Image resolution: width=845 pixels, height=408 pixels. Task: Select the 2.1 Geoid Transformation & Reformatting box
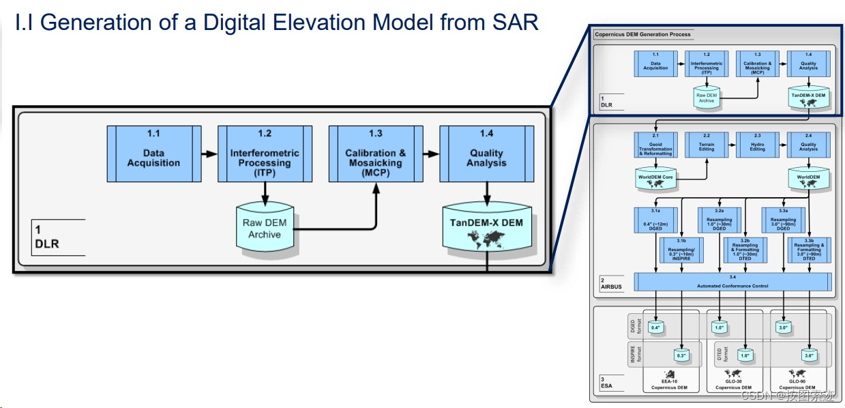655,145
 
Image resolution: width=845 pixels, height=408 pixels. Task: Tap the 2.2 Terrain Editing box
706,145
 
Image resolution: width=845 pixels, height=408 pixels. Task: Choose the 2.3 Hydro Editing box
757,145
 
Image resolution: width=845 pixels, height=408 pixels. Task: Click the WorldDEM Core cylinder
655,179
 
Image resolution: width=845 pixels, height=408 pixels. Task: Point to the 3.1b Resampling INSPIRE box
681,252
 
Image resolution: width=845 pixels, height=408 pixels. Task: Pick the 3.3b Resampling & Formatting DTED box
809,252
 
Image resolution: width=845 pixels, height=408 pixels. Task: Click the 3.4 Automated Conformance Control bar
732,281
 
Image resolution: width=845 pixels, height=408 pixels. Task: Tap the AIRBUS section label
611,287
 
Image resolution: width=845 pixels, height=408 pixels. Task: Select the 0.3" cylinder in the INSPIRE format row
681,355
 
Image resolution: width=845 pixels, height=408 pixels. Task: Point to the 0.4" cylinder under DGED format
656,327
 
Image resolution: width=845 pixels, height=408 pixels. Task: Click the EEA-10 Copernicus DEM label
669,385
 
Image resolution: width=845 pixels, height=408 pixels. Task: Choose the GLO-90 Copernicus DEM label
797,385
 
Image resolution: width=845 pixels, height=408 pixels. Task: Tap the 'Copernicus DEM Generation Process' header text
642,34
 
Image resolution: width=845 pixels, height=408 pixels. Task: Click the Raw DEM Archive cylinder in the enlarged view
264,229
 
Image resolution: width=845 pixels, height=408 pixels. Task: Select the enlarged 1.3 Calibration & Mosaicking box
374,154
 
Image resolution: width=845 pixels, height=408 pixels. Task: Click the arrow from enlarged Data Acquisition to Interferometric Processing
209,154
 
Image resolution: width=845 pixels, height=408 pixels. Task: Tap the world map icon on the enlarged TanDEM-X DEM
487,239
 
